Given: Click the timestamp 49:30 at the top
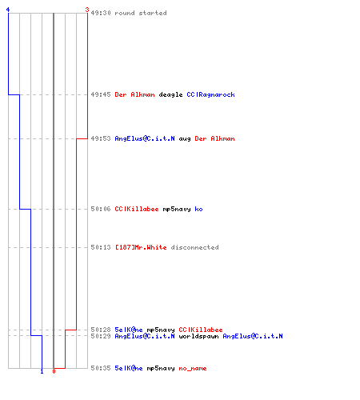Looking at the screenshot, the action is (101, 13).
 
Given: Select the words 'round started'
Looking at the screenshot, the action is (141, 13).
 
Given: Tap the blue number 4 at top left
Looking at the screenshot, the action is (8, 10).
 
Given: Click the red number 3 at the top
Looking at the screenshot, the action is (87, 10).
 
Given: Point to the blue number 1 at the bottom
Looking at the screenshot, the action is (42, 371).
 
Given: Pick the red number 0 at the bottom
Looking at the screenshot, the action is (54, 371).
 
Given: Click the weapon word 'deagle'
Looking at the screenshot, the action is (170, 94).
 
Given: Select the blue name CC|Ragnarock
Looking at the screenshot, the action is (210, 94).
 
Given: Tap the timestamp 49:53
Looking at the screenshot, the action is (101, 138).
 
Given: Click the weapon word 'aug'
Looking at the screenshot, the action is (185, 139).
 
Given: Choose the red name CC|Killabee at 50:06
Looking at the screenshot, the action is (137, 209).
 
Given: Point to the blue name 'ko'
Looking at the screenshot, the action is (198, 209).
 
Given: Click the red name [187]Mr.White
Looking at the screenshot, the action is (141, 247).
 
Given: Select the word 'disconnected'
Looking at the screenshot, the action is (194, 247).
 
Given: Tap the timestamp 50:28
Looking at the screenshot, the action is (101, 330).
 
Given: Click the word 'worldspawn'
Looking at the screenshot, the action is (198, 336).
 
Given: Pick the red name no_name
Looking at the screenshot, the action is (193, 369).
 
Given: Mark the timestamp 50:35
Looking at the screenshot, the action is (101, 368).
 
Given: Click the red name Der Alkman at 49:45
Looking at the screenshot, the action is (134, 94).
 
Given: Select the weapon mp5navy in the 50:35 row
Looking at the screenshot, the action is (161, 369).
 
